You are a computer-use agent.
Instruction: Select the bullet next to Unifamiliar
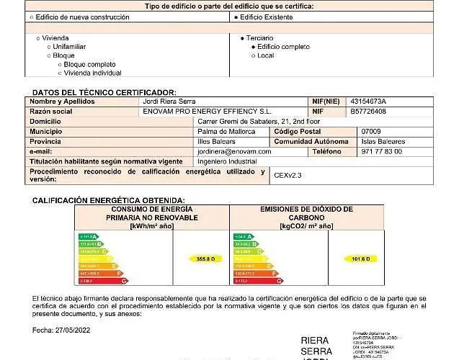49,47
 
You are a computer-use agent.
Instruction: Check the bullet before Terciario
242,37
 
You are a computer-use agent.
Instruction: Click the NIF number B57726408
368,112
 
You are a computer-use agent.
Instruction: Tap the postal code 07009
371,132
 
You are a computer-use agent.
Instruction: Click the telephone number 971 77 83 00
382,152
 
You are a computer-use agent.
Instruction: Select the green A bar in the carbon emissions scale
243,236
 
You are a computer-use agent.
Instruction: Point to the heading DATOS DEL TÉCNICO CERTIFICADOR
104,93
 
